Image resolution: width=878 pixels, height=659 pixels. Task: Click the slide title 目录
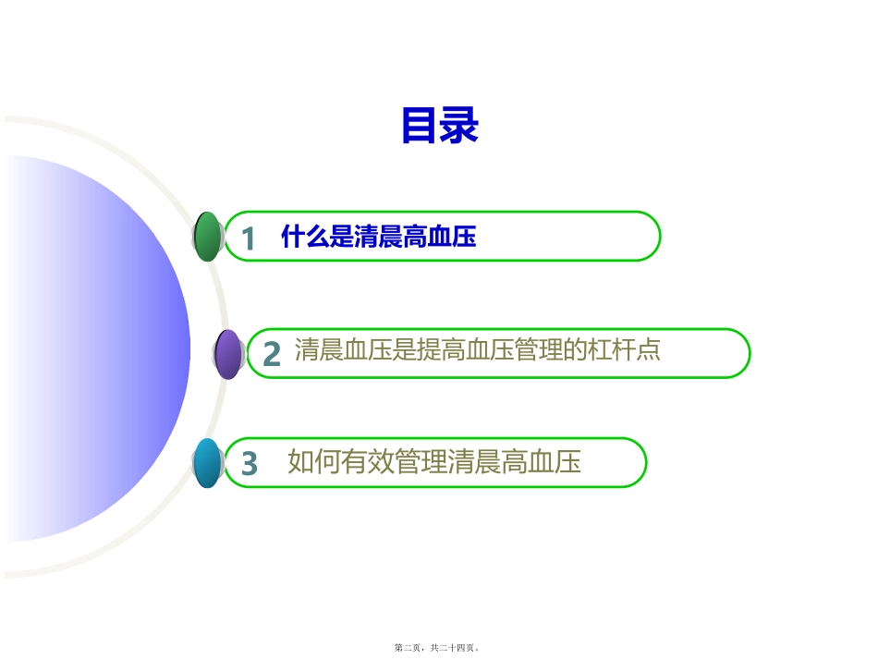click(439, 127)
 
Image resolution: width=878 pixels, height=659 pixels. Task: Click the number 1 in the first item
click(248, 239)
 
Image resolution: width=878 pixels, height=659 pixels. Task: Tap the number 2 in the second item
click(271, 355)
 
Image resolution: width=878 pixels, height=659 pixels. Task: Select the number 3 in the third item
click(249, 463)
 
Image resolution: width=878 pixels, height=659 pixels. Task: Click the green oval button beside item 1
click(209, 237)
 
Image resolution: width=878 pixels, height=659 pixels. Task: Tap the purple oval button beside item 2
click(228, 354)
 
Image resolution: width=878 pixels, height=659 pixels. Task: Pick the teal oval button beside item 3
click(208, 463)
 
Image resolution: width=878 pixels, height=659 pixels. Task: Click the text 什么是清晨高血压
click(378, 238)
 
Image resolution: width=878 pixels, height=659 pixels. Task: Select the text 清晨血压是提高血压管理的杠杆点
click(477, 350)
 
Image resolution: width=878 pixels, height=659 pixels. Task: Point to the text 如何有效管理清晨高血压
click(434, 461)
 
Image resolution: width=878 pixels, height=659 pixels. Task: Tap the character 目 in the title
click(420, 127)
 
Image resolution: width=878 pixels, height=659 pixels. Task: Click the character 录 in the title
click(459, 127)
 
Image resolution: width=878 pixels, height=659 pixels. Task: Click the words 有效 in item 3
click(367, 461)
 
